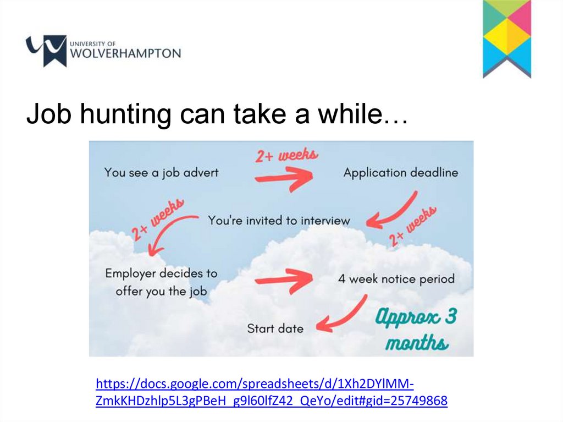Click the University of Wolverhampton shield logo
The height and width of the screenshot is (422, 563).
coord(46,50)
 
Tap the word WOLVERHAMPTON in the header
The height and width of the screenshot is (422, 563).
coord(126,53)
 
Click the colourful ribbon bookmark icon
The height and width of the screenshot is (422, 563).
coord(506,39)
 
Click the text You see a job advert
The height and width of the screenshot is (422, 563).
coord(161,173)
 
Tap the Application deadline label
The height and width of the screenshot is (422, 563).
coord(401,173)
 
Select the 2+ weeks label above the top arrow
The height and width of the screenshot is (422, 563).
coord(286,155)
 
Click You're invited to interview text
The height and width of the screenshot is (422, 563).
coord(279,220)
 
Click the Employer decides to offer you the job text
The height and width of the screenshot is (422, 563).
coord(161,282)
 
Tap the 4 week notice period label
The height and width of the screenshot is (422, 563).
coord(396,279)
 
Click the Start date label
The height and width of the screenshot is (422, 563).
coord(275,328)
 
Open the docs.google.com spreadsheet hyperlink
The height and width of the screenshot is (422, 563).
coord(272,392)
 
